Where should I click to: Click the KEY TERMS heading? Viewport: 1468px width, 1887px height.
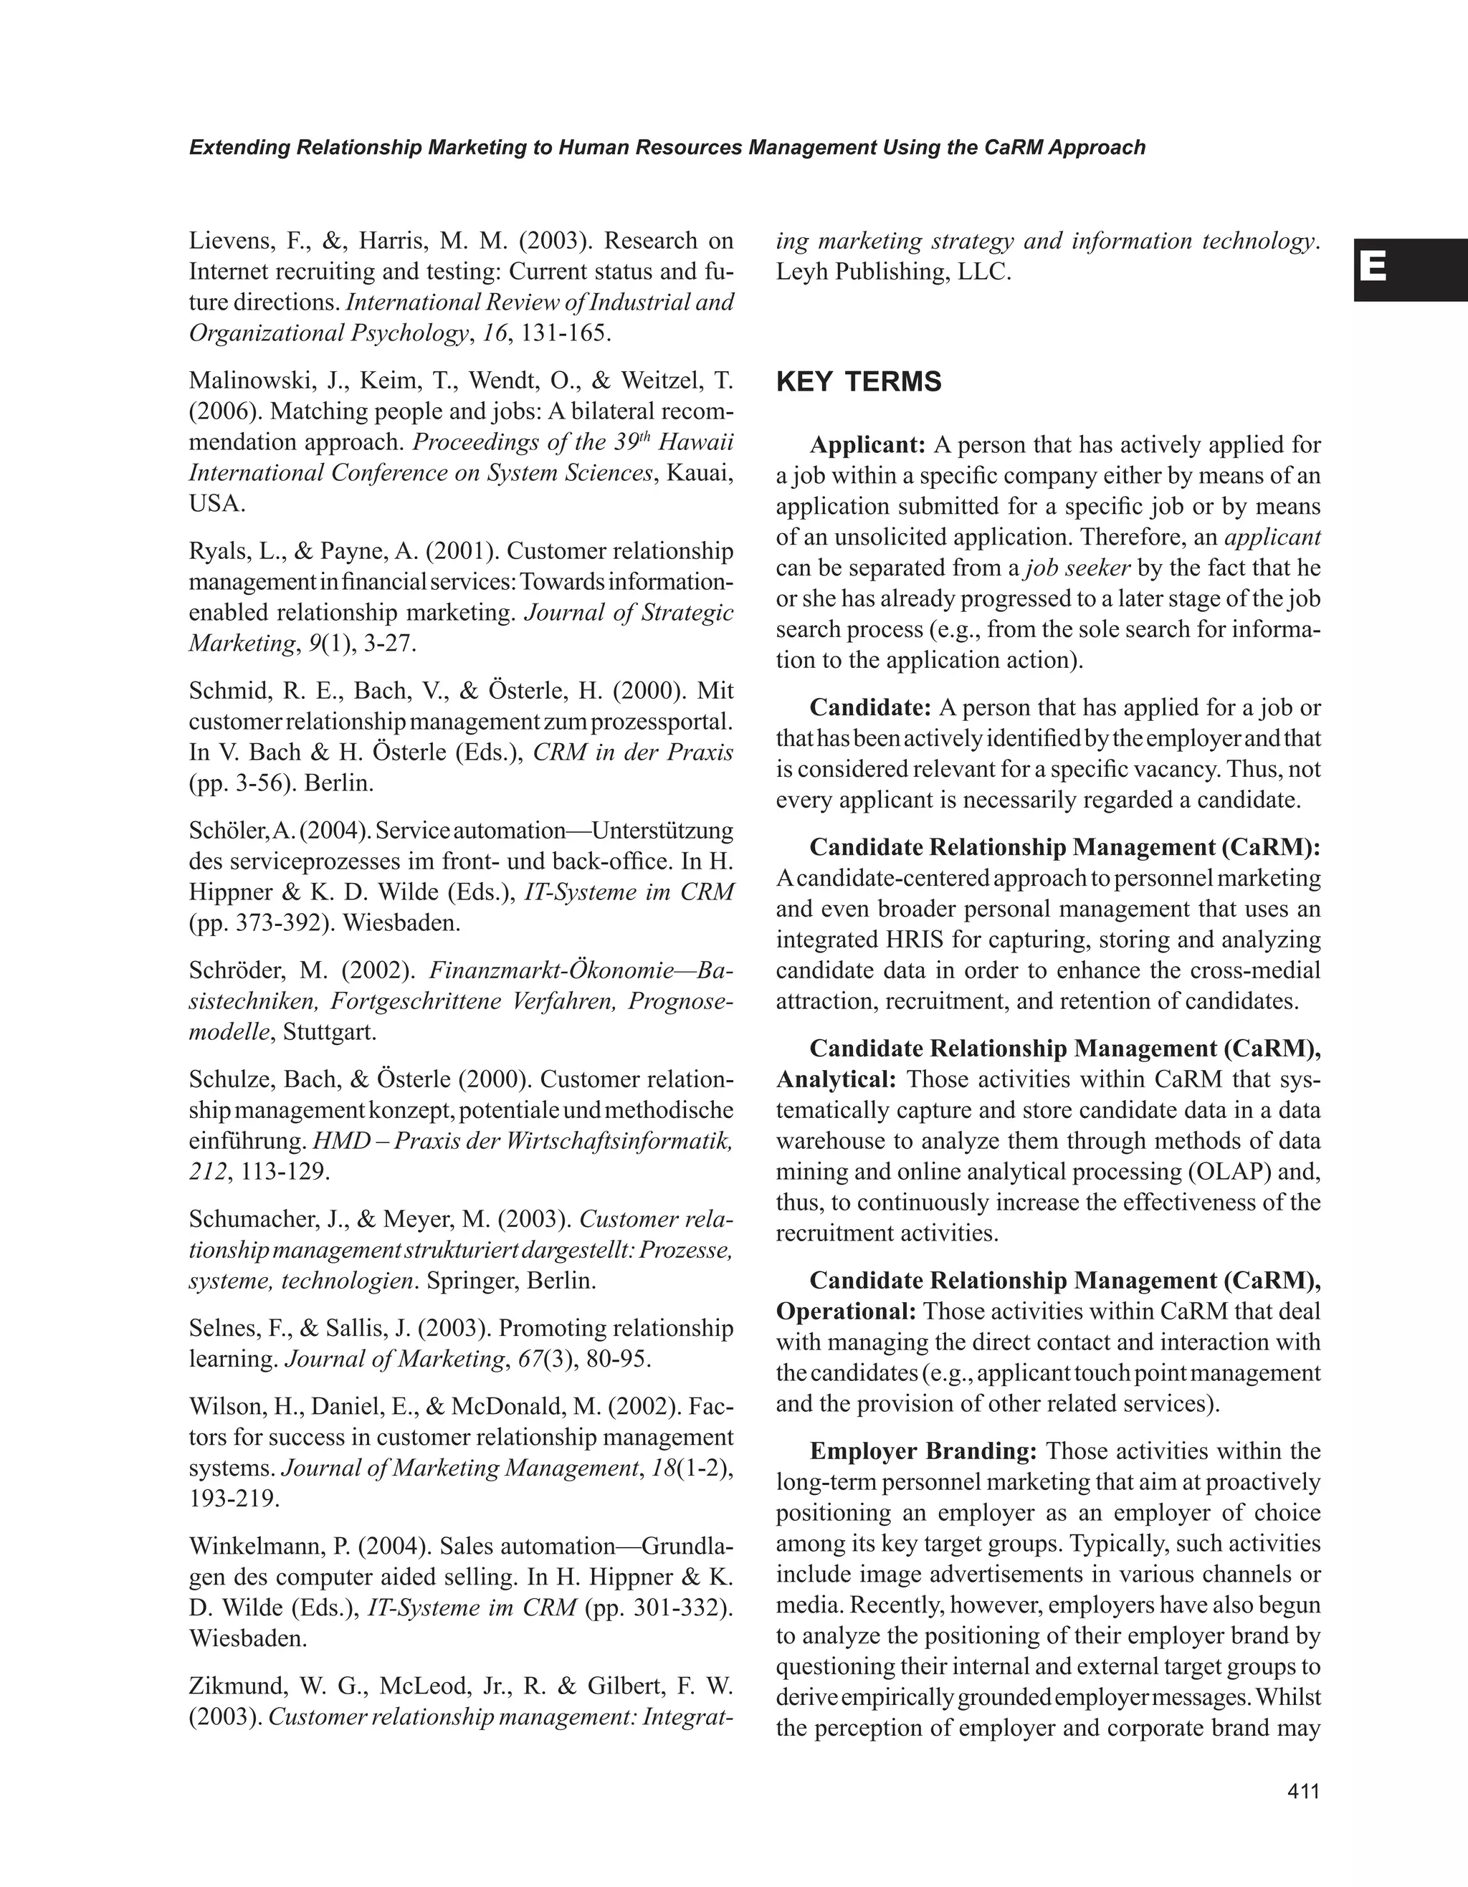pos(859,382)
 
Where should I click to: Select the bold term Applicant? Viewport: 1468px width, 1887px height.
pos(867,445)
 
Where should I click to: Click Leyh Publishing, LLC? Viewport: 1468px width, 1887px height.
pos(893,272)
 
